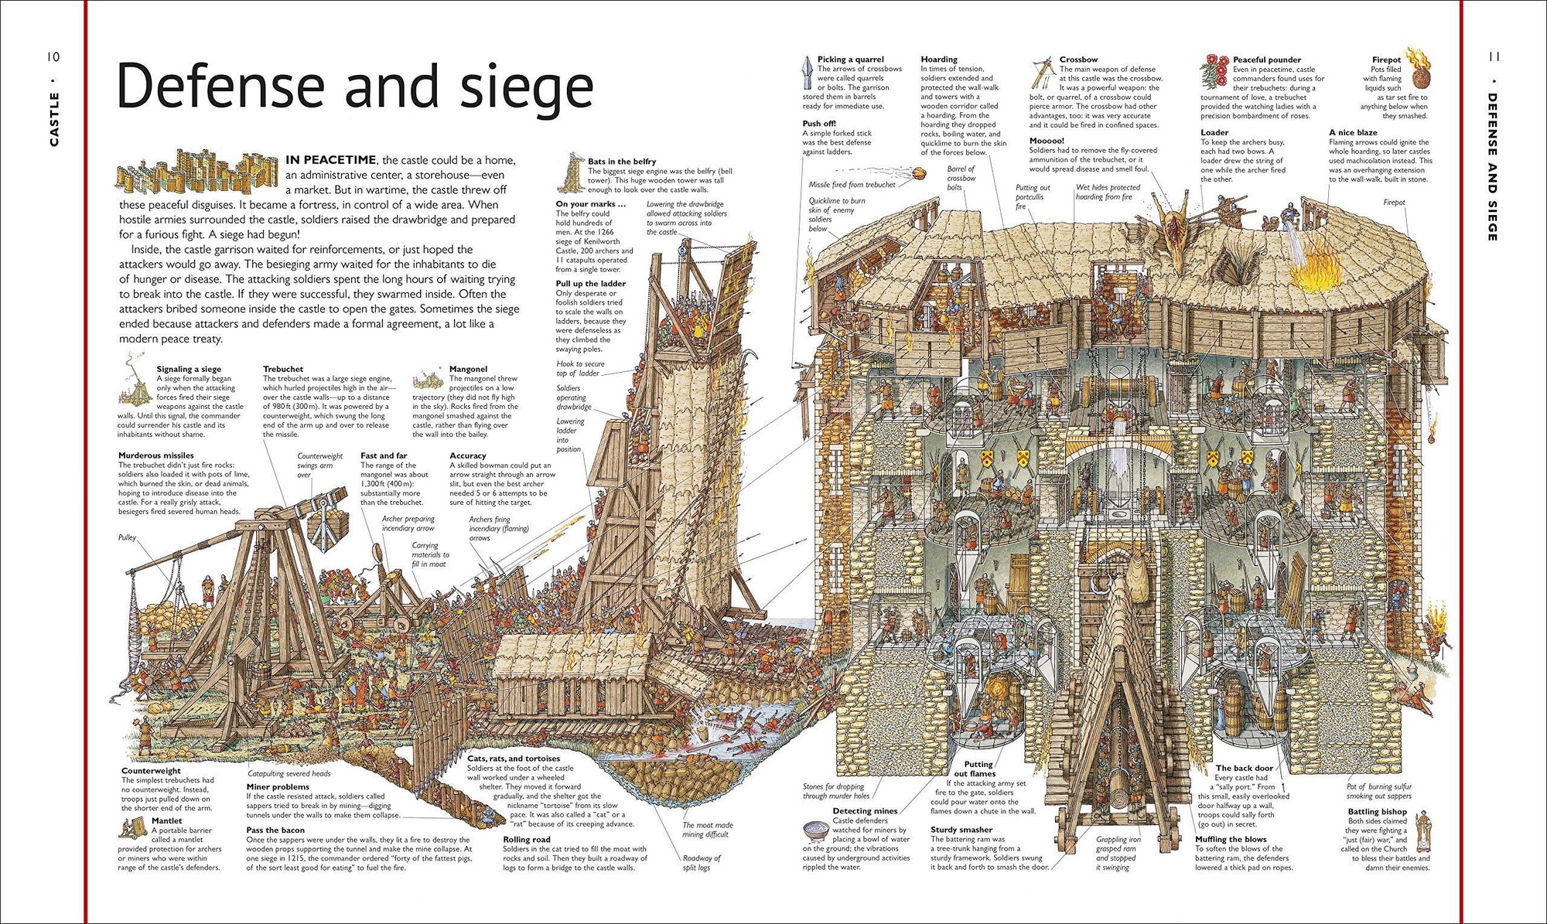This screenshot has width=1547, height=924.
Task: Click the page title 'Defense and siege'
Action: coord(354,87)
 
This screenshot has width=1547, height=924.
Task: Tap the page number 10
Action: coord(53,56)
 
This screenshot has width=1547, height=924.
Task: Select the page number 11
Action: coord(1494,56)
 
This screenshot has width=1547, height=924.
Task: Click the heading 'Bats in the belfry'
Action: coord(621,162)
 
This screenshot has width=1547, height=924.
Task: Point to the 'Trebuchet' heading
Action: coord(283,369)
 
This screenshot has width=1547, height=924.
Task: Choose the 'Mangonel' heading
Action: coord(468,369)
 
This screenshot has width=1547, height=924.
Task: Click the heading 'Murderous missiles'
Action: coord(156,455)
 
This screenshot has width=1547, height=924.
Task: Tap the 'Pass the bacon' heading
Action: coord(275,830)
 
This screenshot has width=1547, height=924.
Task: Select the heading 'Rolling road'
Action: coord(527,839)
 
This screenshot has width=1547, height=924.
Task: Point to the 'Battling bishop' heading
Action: coord(1377,812)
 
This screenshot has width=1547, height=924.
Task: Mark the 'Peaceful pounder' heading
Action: coord(1267,60)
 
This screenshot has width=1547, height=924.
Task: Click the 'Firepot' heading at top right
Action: coord(1386,60)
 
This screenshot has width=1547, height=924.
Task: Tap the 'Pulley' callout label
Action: coord(127,537)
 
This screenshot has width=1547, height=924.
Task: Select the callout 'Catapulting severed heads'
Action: coord(289,773)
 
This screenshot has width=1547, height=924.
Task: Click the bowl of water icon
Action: coord(815,830)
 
